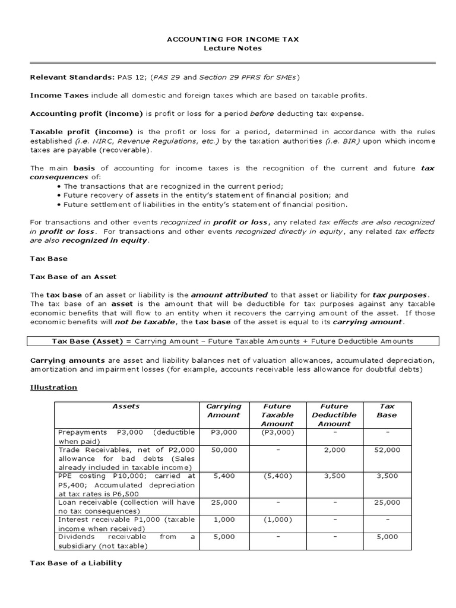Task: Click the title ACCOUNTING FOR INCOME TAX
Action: [232, 39]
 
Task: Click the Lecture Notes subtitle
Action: [232, 48]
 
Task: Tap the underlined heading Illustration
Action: [53, 387]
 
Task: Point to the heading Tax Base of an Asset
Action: [73, 277]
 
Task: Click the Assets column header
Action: [126, 406]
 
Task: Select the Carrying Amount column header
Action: [223, 410]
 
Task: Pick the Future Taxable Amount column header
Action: [277, 414]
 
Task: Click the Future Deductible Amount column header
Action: [334, 414]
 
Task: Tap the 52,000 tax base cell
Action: [387, 450]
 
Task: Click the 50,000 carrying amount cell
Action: [223, 450]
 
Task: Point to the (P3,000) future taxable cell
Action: [277, 432]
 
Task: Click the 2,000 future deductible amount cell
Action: [334, 450]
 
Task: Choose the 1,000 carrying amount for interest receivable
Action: [223, 519]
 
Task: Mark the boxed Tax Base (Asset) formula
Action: [232, 341]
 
